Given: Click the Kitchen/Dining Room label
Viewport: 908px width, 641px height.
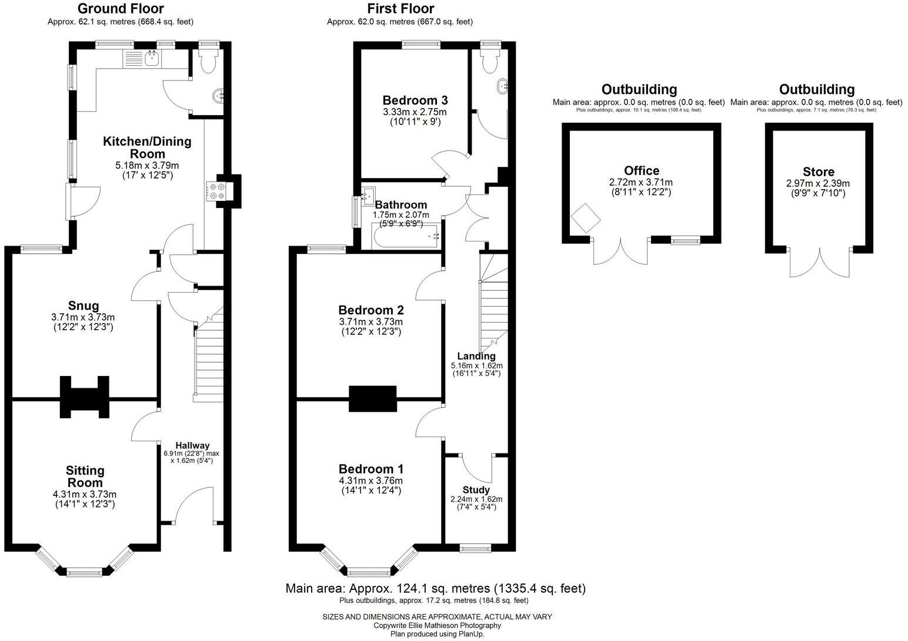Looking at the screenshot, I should click(x=147, y=147).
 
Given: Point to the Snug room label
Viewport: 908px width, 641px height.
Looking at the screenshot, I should click(x=83, y=306).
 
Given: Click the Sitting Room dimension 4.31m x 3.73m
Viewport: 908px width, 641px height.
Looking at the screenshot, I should click(x=84, y=494).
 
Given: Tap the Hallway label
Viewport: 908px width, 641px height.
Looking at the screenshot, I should click(x=192, y=445).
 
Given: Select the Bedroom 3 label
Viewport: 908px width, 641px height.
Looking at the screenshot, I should click(x=415, y=100).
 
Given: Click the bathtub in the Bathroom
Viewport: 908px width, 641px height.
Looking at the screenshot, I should click(x=406, y=237).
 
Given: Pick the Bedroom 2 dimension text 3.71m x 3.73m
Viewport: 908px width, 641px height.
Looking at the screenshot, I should click(x=370, y=321).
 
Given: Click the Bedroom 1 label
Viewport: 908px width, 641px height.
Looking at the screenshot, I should click(x=370, y=469).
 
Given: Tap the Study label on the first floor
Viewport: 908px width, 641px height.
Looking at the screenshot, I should click(x=476, y=490).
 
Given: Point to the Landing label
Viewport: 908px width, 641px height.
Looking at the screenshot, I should click(x=476, y=356).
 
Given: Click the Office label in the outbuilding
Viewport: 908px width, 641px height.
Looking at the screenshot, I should click(x=641, y=170).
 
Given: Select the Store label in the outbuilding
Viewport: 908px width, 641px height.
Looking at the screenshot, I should click(x=818, y=172).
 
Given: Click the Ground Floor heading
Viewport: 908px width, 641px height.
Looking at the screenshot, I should click(x=121, y=9).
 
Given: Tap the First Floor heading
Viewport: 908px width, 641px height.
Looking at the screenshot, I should click(x=400, y=9).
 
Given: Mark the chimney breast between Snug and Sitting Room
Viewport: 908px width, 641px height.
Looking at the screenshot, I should click(x=85, y=397).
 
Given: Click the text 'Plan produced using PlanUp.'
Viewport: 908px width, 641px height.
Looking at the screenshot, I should click(x=437, y=634).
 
